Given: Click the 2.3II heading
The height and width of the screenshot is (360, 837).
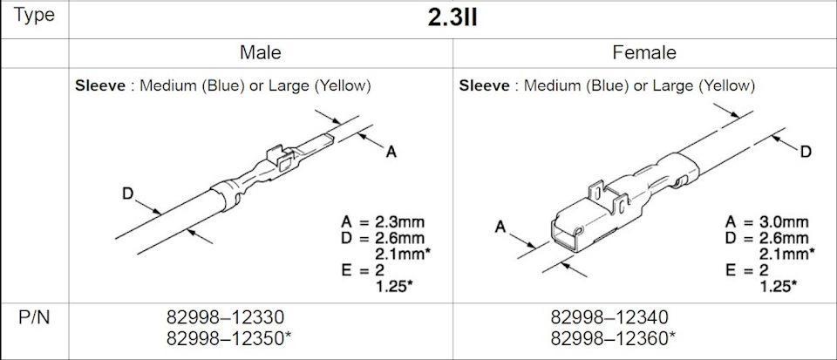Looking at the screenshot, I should (x=452, y=18).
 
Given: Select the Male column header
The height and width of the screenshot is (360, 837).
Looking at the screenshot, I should (x=260, y=53).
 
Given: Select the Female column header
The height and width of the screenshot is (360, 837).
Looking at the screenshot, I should (x=643, y=53).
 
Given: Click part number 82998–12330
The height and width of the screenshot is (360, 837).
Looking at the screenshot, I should (x=226, y=317).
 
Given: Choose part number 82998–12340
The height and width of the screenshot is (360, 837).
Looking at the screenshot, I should (x=609, y=317).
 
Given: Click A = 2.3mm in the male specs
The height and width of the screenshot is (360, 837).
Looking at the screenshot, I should (x=387, y=222).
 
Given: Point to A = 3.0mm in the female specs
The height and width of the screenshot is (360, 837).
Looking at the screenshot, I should (x=771, y=222).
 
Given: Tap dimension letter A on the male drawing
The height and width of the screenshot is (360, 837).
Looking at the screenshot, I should (x=391, y=153).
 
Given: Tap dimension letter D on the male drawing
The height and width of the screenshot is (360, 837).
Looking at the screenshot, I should (x=127, y=195).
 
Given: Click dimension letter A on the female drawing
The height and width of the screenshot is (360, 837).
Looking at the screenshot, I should (x=500, y=227).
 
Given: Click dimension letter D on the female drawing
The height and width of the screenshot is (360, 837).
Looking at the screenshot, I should (x=806, y=152).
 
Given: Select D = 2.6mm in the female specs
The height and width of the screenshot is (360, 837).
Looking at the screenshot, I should (x=771, y=238).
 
